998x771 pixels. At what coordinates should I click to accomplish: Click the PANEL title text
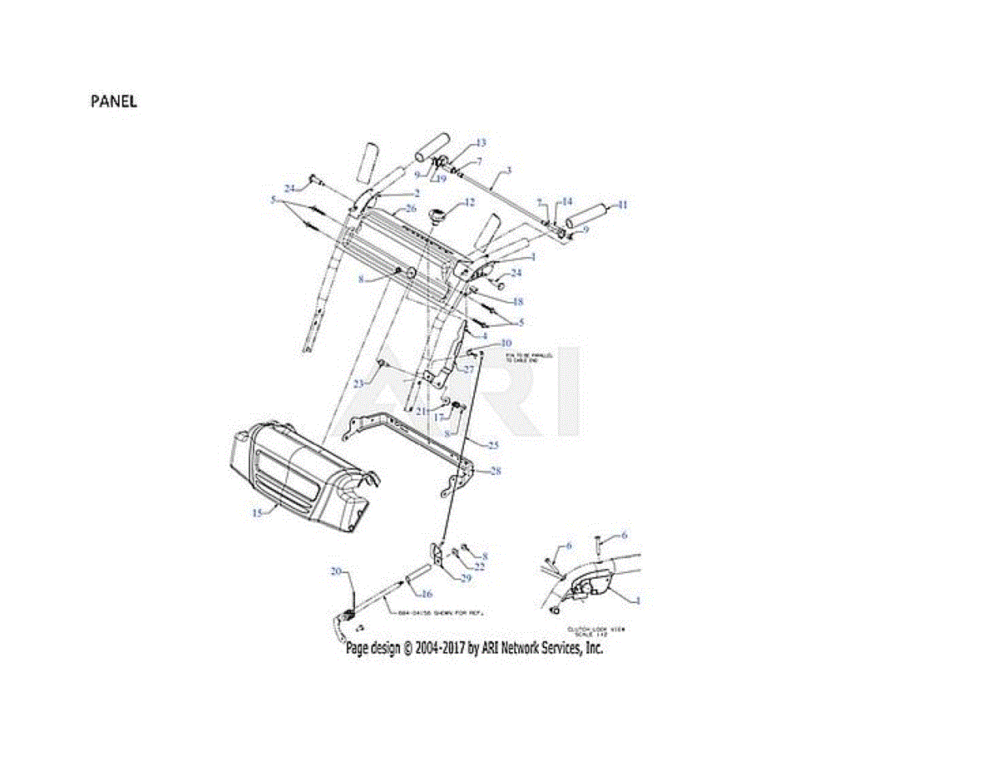[114, 101]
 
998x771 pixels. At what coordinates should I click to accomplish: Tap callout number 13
[481, 143]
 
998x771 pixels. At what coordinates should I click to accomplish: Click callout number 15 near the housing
[257, 513]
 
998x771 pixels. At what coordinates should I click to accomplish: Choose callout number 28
[496, 472]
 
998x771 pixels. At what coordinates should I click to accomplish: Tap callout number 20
[337, 571]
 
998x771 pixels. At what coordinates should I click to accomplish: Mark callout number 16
[427, 594]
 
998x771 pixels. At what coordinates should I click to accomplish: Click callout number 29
[466, 578]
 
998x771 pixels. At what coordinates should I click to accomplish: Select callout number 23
[358, 383]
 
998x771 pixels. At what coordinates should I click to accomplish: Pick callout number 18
[517, 302]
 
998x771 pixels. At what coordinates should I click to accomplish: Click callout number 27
[468, 368]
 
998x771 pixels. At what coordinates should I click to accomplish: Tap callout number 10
[506, 343]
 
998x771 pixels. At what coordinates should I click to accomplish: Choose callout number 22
[480, 566]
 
